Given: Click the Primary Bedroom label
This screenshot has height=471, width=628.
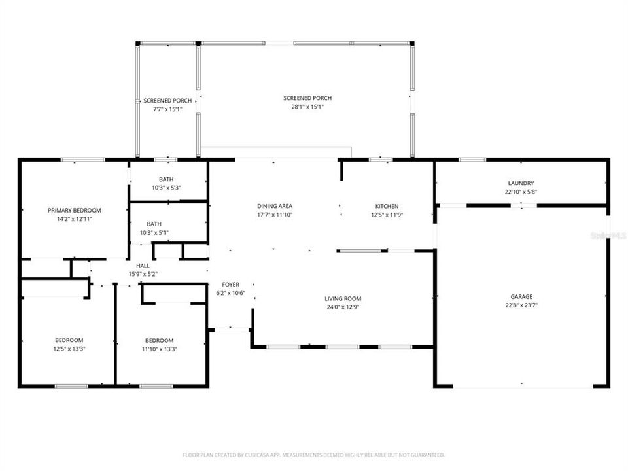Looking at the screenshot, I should click(x=75, y=210).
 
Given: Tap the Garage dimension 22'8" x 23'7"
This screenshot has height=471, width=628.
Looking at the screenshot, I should click(x=521, y=305).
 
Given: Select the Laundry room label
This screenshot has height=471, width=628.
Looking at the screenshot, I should click(x=521, y=183).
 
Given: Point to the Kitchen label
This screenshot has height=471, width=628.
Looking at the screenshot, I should click(x=386, y=206).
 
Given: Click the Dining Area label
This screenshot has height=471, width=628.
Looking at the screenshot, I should click(x=273, y=206).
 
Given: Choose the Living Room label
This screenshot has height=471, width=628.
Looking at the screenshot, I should click(x=343, y=298).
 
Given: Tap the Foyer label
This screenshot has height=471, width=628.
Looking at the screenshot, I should click(x=230, y=285).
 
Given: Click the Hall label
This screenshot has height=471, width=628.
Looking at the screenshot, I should click(x=143, y=266).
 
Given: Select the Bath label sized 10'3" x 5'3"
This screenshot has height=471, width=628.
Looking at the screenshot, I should click(x=166, y=179).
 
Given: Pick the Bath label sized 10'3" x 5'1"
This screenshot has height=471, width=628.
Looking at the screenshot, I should click(x=154, y=223).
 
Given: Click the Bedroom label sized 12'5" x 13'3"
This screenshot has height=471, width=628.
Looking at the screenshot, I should click(x=69, y=340).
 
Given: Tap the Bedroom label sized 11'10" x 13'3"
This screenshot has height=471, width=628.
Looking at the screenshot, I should click(x=159, y=340).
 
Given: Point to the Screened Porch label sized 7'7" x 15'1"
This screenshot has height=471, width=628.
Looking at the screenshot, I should click(x=167, y=101).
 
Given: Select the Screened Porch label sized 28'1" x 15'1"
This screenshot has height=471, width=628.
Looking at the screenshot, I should click(x=303, y=97).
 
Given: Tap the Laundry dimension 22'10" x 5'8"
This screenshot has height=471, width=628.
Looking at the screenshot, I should click(x=521, y=192).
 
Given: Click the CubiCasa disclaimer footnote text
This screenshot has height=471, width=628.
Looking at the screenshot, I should click(x=314, y=454).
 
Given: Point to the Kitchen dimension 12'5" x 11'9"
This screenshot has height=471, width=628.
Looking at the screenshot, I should click(x=386, y=215).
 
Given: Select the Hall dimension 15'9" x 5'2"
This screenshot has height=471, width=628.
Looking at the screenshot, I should click(x=143, y=274).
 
